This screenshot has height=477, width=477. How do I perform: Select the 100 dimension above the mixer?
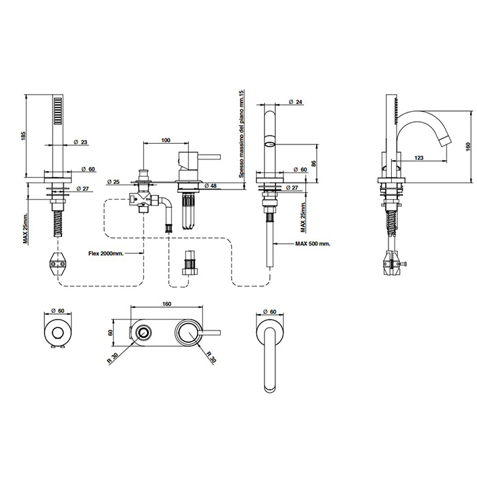coord(166,140)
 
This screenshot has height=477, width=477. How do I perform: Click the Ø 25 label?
coord(113,182)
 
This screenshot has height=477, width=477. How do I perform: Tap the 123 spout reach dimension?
coord(420,158)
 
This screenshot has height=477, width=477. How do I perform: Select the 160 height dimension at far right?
coord(469,146)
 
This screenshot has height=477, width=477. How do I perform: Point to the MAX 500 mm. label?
coord(313,243)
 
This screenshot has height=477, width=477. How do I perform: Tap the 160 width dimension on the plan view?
coord(167,304)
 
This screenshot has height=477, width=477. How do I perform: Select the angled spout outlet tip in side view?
coord(444,140)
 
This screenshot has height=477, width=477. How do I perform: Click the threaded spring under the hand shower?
coord(57,209)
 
